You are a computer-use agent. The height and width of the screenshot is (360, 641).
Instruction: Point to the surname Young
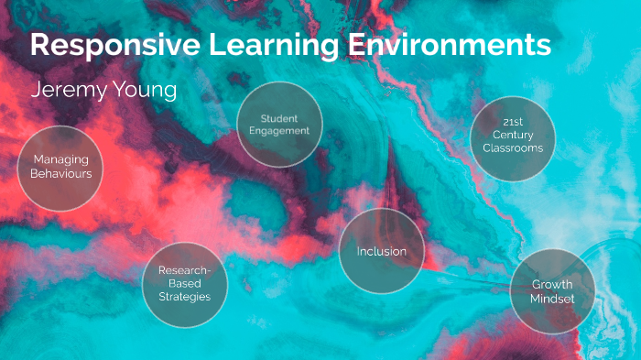146,92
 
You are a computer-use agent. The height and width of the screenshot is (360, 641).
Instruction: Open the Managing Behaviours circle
60,168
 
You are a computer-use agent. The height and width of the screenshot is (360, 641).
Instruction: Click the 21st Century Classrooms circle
513,138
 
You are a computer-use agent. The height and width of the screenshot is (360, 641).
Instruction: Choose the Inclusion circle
382,251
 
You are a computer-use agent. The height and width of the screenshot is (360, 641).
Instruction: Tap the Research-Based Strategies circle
184,284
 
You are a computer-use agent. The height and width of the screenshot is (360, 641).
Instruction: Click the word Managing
60,160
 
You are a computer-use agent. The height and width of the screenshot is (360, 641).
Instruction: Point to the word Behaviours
60,173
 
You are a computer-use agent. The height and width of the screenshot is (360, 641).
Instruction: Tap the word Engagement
279,131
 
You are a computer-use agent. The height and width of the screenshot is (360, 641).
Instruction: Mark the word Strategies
184,297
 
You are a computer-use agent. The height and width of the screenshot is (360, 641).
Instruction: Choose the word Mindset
552,299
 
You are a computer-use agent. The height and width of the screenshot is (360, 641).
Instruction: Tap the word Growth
552,285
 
